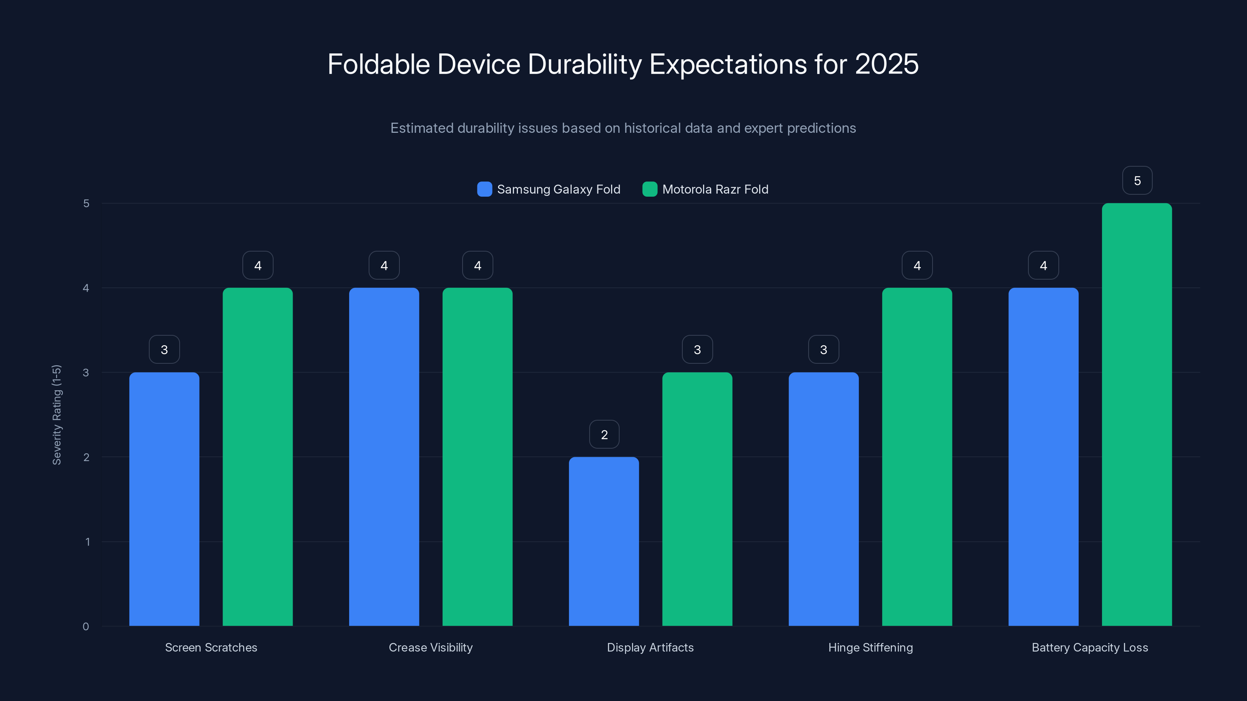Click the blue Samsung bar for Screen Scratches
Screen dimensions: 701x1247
[164, 499]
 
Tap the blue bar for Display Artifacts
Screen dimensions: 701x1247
[604, 541]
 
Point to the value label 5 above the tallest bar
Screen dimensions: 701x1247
[1137, 180]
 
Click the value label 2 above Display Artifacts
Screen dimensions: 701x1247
[604, 435]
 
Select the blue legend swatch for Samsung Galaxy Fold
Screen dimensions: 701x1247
[484, 189]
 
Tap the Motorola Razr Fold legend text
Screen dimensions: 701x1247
[715, 189]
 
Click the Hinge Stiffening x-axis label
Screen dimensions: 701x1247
[871, 647]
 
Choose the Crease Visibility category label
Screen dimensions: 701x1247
[430, 647]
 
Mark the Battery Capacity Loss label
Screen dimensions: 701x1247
[1090, 647]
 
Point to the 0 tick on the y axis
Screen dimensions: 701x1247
[86, 627]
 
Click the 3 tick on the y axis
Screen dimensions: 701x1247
[86, 373]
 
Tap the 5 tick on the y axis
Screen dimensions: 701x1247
[86, 203]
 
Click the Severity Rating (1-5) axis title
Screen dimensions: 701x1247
[57, 415]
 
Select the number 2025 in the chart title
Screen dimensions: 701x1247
[887, 64]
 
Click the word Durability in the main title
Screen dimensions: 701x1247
[584, 64]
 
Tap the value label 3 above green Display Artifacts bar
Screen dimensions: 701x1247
[697, 349]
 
